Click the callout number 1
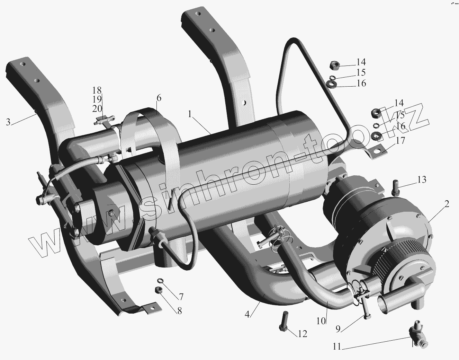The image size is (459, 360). click(190, 114)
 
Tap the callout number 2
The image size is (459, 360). click(447, 204)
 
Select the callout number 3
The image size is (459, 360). click(8, 122)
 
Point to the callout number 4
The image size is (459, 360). click(247, 314)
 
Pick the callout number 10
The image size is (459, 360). click(321, 321)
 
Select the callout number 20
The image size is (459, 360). click(97, 109)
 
